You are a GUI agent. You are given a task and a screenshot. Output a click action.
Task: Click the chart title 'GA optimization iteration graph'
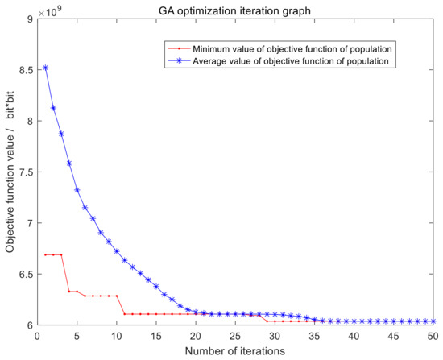coord(235,9)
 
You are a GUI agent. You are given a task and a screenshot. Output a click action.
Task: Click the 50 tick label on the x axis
coord(434,335)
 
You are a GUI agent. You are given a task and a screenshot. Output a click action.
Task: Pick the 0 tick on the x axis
coord(38,335)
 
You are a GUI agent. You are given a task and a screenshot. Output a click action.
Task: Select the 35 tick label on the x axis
coord(315,335)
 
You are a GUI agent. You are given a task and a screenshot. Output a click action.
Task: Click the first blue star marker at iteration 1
coord(46,68)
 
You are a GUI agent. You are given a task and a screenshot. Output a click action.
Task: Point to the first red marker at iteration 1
coord(46,254)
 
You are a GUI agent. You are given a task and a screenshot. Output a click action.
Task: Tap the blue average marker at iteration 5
coord(77,190)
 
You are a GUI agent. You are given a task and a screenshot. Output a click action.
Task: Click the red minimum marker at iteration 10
coord(117,296)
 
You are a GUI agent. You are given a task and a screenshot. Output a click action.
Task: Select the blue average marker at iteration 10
coord(117,251)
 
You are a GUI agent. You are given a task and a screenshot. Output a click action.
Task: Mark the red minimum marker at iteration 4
coord(69,291)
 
